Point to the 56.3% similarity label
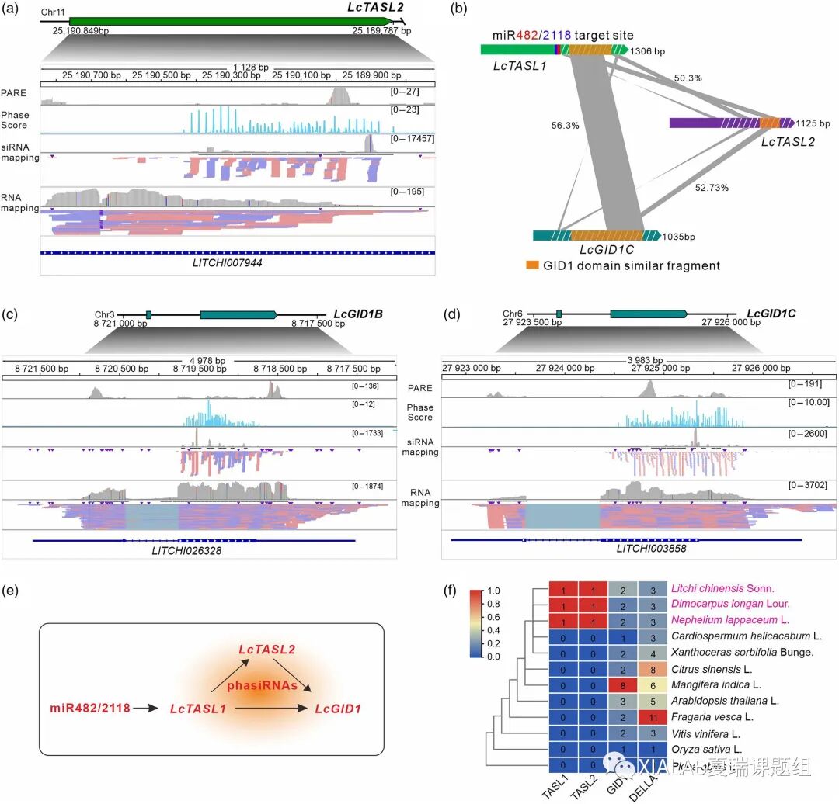tap(544, 124)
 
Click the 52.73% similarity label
tap(707, 187)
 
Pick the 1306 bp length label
tap(649, 51)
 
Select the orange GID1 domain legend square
tap(533, 265)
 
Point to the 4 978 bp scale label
tap(207, 360)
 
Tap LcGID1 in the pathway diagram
tap(338, 709)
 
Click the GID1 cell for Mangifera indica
tap(623, 684)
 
